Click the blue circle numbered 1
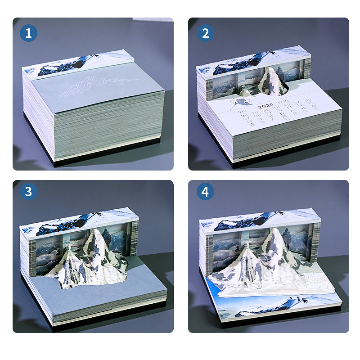click(x=29, y=33)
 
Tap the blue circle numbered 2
click(x=205, y=33)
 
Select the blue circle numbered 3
click(x=29, y=191)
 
